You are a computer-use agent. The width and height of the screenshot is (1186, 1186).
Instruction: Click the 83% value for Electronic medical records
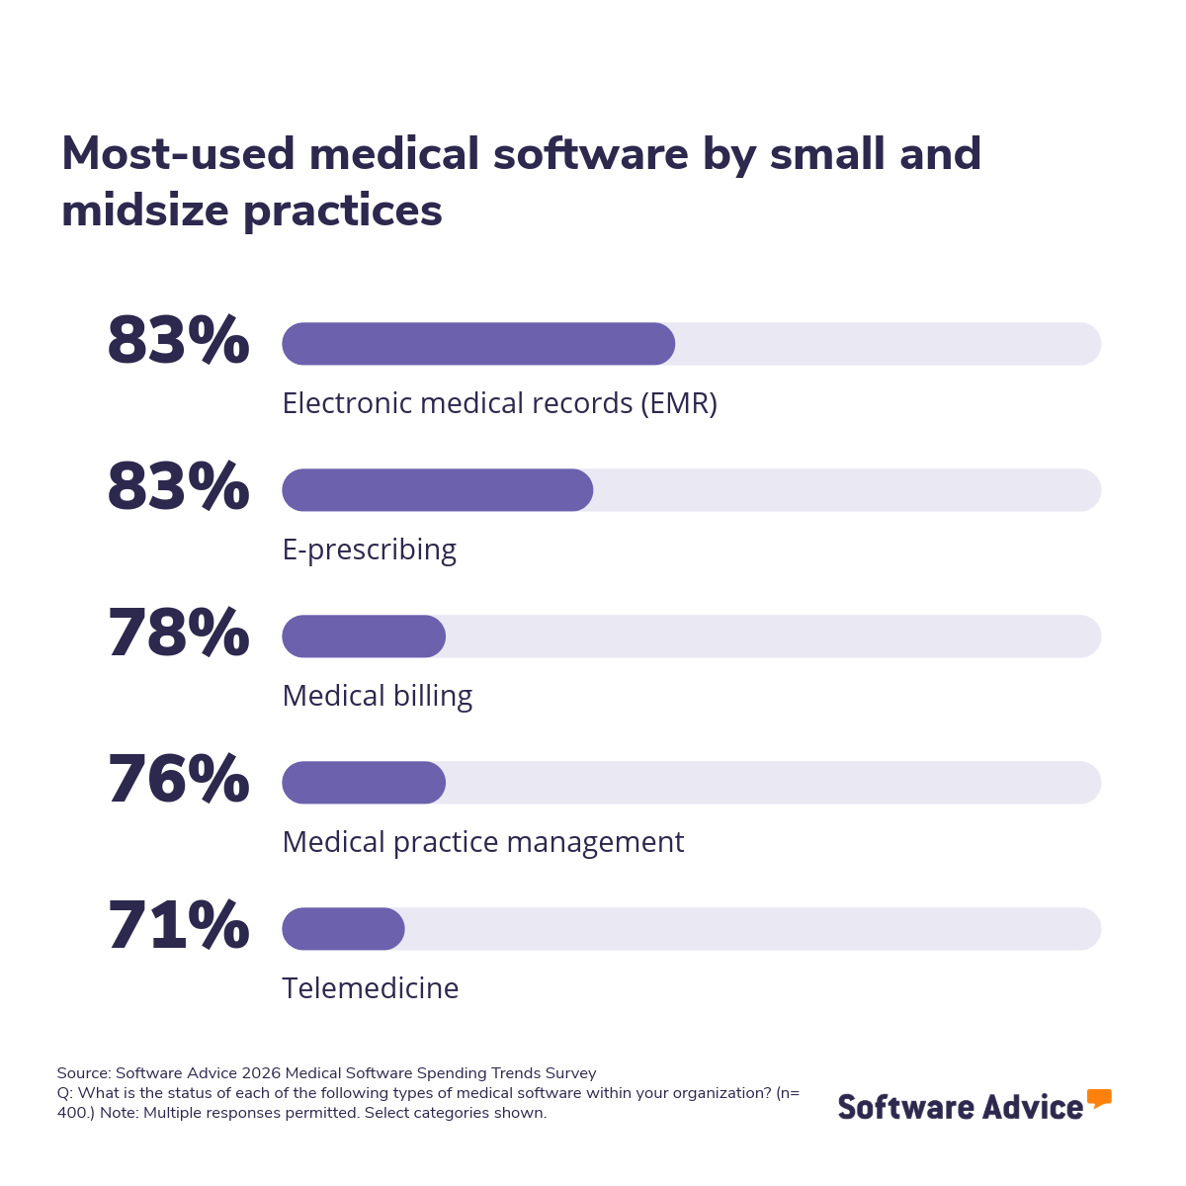coord(178,342)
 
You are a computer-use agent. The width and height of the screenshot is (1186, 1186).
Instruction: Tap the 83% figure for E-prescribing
coord(178,488)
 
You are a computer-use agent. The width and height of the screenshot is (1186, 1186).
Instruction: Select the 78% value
coord(178,635)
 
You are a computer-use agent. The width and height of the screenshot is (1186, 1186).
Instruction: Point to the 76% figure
coord(178,781)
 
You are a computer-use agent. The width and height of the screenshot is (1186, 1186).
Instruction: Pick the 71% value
coord(178,927)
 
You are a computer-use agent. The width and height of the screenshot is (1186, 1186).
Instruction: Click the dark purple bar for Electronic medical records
coord(478,344)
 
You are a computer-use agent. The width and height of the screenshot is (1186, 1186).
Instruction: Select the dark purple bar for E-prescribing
coord(437,490)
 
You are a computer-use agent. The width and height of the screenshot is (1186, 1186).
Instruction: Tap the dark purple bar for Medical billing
coord(364,636)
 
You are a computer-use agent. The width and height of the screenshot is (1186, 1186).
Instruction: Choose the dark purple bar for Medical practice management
coord(364,783)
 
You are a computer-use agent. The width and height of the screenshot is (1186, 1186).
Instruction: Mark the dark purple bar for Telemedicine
coord(343,929)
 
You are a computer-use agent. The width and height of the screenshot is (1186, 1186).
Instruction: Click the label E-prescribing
coord(369,550)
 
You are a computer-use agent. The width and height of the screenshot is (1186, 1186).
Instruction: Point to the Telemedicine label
coord(370,988)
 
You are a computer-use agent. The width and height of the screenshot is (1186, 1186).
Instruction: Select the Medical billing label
coord(377,696)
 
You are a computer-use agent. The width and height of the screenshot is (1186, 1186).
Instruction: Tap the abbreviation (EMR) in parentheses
coord(678,403)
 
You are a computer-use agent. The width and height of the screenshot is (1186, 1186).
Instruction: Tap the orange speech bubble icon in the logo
coord(1099,1098)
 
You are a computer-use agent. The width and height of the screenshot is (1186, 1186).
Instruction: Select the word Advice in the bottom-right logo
coord(1033,1107)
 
